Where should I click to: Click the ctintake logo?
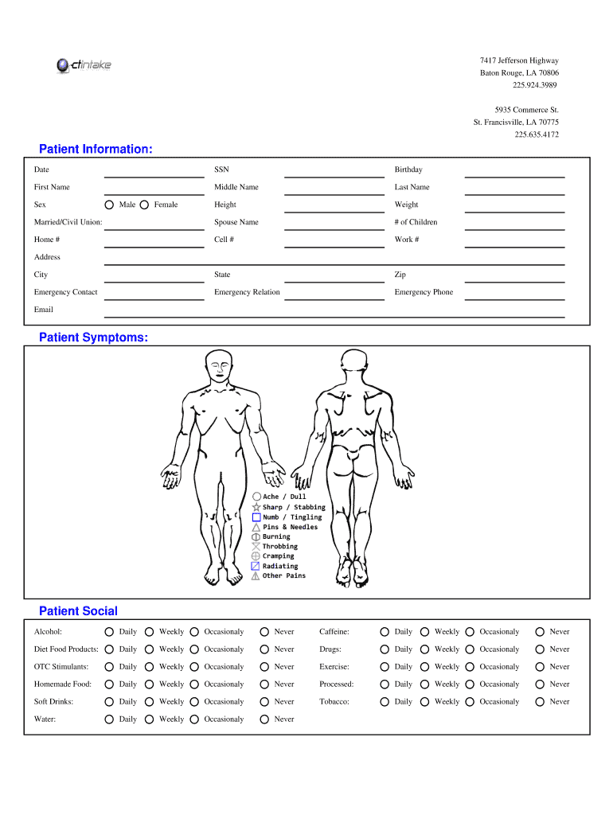[x=84, y=65]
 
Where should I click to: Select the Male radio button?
[x=110, y=205]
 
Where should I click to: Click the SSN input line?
[x=334, y=172]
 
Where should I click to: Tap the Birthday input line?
[x=514, y=172]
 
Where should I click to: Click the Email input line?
[x=334, y=312]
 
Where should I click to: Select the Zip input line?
[x=514, y=277]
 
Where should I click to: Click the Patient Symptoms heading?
[x=93, y=338]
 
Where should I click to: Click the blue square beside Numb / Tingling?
[x=256, y=517]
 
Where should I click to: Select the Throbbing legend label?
[x=279, y=547]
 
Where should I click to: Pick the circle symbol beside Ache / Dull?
[x=256, y=497]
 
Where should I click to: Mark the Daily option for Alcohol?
[x=110, y=632]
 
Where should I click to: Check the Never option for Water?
[x=264, y=719]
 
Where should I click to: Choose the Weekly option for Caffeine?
[x=425, y=632]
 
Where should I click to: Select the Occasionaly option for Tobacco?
[x=470, y=702]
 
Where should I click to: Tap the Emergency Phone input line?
[x=514, y=294]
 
